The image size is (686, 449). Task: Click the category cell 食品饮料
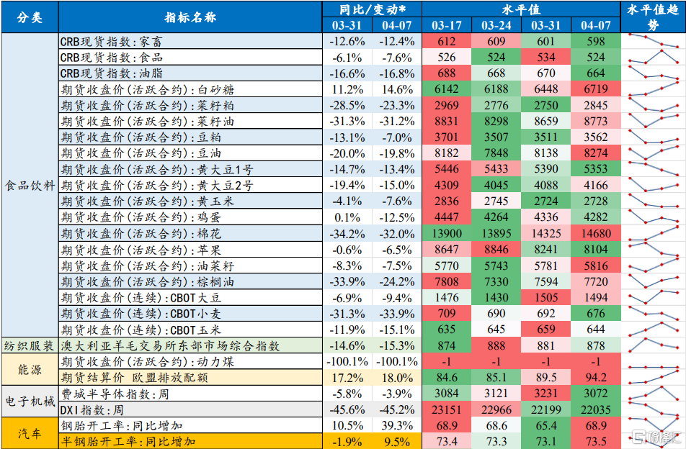point(30,186)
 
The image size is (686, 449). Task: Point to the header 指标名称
point(190,17)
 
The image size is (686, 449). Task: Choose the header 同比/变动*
point(372,9)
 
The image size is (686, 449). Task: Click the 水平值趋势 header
point(653,17)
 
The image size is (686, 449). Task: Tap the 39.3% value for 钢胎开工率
point(398,425)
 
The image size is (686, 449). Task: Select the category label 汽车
point(30,433)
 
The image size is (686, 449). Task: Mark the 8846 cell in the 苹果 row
point(496,249)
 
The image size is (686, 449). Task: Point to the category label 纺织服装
point(30,345)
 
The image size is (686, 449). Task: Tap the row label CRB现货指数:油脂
point(112,73)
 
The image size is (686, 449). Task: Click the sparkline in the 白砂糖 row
point(653,89)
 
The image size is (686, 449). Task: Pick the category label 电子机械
point(30,402)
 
